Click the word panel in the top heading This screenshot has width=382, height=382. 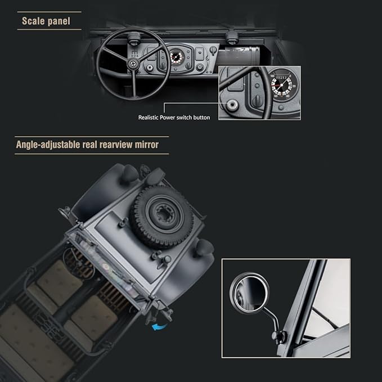point(59,21)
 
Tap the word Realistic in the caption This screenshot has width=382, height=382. point(148,118)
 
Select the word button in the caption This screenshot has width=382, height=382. point(201,118)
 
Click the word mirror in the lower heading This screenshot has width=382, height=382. point(147,145)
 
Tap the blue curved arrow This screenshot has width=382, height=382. point(159,327)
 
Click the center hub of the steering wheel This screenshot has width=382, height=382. point(133,64)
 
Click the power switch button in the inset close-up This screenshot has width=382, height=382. point(232,105)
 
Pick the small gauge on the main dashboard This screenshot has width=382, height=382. point(176,58)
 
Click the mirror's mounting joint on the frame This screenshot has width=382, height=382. point(279,336)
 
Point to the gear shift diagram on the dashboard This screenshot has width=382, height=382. point(134,54)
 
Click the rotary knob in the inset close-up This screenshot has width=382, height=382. point(257,100)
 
